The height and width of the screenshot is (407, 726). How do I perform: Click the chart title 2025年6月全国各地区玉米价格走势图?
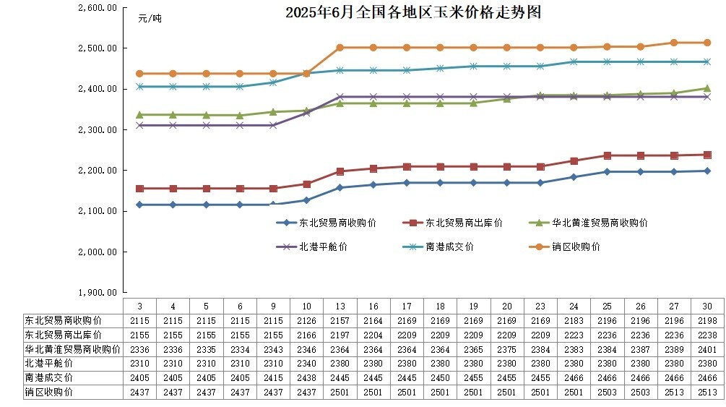(x=412, y=13)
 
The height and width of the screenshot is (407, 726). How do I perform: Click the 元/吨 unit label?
(x=150, y=19)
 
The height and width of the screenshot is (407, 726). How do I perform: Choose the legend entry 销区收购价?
(x=575, y=247)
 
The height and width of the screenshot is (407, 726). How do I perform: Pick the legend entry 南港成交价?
(x=449, y=247)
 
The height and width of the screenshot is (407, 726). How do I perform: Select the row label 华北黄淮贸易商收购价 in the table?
(x=62, y=349)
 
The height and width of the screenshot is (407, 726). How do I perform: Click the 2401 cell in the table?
(x=707, y=349)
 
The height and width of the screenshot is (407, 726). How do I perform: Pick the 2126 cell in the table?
(x=306, y=320)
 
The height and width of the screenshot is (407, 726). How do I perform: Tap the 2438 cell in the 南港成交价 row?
(x=306, y=377)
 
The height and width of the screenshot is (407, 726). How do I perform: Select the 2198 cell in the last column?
(x=707, y=320)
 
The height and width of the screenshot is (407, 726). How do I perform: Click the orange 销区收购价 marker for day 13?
(x=340, y=48)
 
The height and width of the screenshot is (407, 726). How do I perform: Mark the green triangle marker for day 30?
(x=707, y=88)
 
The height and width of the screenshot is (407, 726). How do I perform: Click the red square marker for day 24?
(x=574, y=161)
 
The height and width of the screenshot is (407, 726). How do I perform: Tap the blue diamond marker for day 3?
(x=139, y=205)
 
